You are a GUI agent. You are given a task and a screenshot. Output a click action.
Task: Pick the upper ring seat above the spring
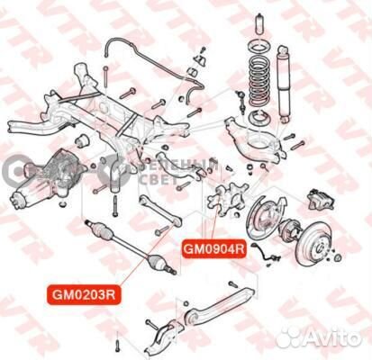[256, 46]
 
